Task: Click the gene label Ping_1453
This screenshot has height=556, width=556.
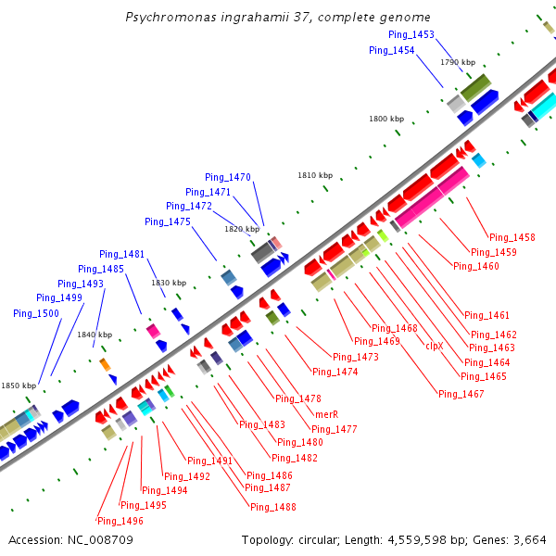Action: click(411, 34)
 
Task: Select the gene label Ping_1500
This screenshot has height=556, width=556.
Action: click(36, 313)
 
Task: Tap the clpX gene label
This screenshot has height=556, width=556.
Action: click(435, 346)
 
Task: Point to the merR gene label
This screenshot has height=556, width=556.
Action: click(327, 413)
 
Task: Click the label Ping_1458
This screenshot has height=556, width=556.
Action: click(512, 237)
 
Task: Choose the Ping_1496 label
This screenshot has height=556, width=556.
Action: click(120, 520)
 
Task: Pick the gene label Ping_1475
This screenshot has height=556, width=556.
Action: click(168, 221)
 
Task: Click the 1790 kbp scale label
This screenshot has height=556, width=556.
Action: click(458, 62)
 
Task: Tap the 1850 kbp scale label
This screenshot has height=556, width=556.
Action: click(18, 385)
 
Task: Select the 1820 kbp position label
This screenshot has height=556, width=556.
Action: click(242, 229)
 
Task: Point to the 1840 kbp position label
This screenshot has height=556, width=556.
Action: click(95, 335)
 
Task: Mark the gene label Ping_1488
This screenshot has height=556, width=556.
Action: click(273, 507)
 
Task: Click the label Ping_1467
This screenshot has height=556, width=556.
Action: click(461, 394)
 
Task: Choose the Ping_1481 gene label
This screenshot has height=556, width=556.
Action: click(122, 254)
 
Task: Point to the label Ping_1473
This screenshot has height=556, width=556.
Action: click(356, 357)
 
